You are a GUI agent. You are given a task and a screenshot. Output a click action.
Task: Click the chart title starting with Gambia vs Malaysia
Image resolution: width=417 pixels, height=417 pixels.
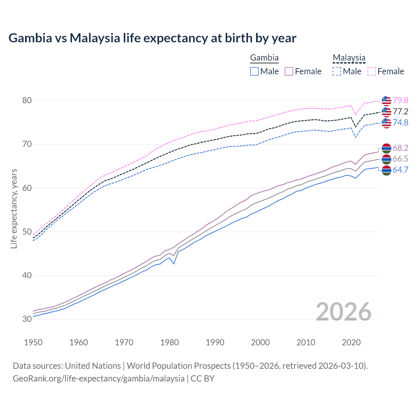tap(152, 38)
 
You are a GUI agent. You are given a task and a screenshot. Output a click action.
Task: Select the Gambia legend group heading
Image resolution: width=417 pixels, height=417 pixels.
tap(264, 58)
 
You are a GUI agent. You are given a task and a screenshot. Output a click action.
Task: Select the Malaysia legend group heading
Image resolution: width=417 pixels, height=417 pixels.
tap(349, 58)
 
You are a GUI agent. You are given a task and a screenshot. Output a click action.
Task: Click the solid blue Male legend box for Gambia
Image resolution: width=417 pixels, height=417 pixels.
tap(254, 71)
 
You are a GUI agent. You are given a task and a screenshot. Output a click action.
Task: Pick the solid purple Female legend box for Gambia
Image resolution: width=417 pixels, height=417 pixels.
tap(289, 71)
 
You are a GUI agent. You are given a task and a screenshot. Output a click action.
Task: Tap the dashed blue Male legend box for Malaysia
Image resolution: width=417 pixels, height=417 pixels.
tap(337, 71)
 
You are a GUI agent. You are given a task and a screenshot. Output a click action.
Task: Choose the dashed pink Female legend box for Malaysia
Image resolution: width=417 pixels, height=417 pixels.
tap(372, 71)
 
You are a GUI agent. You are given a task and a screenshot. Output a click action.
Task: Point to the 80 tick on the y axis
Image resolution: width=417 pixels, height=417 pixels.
tap(27, 101)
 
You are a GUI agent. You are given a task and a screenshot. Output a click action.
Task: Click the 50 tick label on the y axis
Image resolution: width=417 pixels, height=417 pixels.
tap(27, 232)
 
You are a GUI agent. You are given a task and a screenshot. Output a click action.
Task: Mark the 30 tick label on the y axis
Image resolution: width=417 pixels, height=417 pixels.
tap(27, 319)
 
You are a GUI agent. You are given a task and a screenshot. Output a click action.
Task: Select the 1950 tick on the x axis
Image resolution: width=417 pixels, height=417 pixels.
tap(33, 342)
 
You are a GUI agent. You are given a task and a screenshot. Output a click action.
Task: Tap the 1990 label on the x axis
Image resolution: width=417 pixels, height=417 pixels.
tap(215, 342)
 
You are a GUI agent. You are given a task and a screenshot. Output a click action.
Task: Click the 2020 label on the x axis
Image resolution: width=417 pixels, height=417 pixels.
tap(351, 342)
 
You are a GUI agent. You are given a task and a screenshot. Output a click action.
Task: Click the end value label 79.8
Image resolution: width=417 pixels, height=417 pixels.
tap(400, 101)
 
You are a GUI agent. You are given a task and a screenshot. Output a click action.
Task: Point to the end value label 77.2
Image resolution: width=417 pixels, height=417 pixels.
tap(400, 112)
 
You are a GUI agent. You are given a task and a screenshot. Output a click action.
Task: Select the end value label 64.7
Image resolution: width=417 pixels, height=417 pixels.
tap(400, 170)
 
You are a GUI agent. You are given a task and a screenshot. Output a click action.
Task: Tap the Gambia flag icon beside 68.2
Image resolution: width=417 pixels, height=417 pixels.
tap(386, 148)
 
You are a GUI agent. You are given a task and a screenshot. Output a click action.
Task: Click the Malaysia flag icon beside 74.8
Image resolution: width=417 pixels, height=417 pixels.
tap(386, 123)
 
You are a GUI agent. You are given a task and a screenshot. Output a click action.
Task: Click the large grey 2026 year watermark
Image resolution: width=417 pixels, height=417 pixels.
tap(344, 312)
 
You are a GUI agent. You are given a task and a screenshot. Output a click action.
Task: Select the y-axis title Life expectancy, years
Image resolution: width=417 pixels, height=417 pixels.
tap(14, 208)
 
